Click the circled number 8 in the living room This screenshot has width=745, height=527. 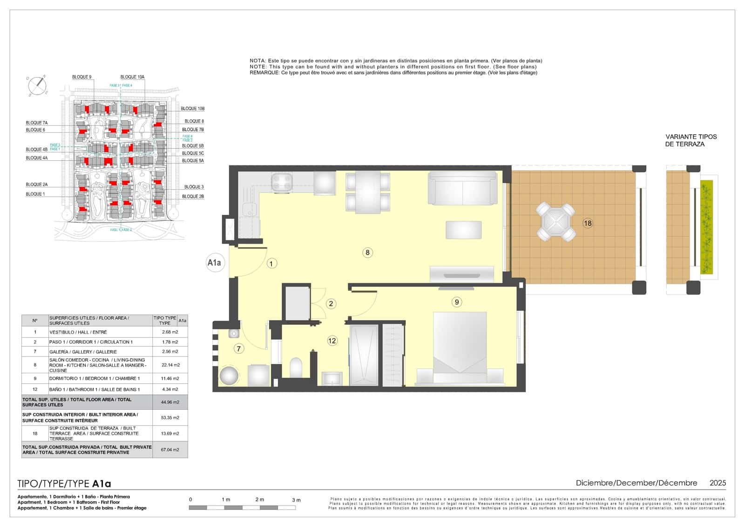tap(367, 253)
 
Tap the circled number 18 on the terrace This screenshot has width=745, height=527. tap(588, 223)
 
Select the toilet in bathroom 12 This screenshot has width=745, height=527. tap(296, 367)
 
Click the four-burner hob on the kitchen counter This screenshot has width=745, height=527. tap(282, 182)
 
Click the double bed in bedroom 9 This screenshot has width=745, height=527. tap(460, 347)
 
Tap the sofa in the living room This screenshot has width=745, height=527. tap(462, 188)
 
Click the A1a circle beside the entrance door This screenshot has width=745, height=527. tap(214, 263)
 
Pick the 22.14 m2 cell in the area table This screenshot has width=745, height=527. tap(170, 365)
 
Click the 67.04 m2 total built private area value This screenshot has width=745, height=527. tap(170, 450)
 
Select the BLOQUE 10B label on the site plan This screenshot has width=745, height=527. tap(192, 109)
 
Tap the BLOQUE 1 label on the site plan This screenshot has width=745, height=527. tap(35, 194)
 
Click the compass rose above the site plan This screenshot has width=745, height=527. tap(37, 85)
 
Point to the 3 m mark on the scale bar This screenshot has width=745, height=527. tap(296, 500)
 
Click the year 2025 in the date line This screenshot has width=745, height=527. tap(717, 483)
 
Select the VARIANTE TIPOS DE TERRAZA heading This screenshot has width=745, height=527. tap(691, 140)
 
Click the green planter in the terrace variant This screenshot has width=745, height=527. tap(707, 227)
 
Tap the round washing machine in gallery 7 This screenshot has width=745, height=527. tap(229, 376)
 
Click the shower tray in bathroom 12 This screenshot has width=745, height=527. tap(364, 355)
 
